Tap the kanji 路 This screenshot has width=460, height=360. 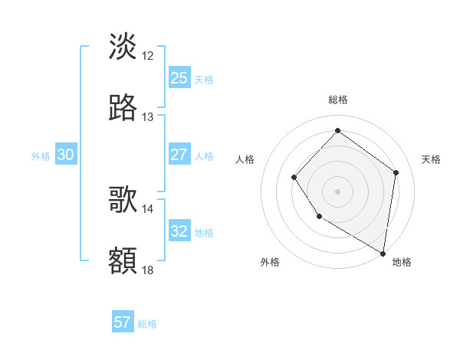[x=123, y=108]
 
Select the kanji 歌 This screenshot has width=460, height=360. [x=123, y=200]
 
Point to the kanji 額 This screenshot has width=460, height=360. [x=123, y=261]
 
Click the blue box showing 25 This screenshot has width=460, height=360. [x=179, y=77]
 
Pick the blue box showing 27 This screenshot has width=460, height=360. [x=179, y=154]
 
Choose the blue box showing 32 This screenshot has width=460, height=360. [x=179, y=231]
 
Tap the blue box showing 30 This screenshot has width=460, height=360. [x=65, y=154]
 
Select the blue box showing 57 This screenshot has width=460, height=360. [x=122, y=322]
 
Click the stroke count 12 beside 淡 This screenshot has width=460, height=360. [x=148, y=55]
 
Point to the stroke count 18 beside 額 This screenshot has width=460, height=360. [x=148, y=270]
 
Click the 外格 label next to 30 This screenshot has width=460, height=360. [x=41, y=155]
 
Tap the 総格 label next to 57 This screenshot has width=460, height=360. [x=147, y=324]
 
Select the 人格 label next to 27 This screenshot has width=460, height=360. [x=204, y=155]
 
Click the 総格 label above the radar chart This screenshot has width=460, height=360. [x=338, y=100]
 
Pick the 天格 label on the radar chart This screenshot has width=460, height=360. [x=431, y=159]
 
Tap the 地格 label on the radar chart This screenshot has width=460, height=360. [x=402, y=262]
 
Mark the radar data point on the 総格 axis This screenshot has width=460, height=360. [x=337, y=130]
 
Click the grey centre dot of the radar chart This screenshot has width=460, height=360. [x=337, y=191]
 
